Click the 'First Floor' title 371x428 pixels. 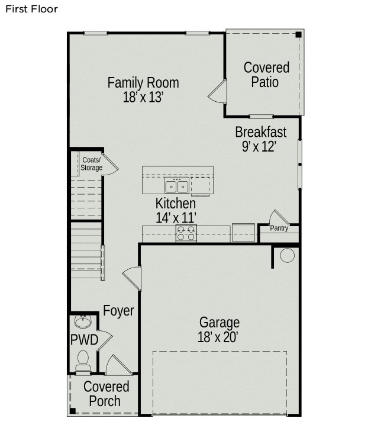click(31, 9)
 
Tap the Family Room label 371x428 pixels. click(143, 82)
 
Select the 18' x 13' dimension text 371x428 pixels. click(143, 97)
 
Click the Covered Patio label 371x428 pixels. click(266, 75)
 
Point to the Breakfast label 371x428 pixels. click(261, 132)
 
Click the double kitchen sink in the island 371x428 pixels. click(177, 186)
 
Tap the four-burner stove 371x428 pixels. click(186, 233)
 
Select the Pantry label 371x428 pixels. click(279, 228)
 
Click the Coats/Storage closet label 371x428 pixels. click(91, 164)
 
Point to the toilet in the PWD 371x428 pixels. click(83, 361)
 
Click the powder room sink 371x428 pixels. click(83, 321)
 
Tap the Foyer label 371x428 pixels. click(118, 311)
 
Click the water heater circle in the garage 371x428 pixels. click(287, 256)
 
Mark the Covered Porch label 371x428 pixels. click(106, 394)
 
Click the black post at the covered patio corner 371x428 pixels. click(298, 35)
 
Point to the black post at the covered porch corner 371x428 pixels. click(73, 411)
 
